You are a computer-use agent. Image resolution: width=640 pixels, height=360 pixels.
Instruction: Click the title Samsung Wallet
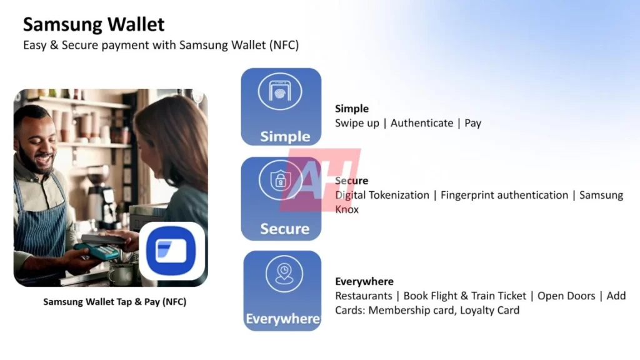94,24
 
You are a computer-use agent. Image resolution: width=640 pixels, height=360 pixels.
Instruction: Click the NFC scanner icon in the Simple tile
280,92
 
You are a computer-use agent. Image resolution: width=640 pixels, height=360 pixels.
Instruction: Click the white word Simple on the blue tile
285,136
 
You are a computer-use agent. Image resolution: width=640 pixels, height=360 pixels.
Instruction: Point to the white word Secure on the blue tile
284,229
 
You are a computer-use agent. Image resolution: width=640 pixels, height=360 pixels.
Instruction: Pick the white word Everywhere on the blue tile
282,319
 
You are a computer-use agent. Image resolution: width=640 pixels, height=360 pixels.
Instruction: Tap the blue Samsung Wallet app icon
172,251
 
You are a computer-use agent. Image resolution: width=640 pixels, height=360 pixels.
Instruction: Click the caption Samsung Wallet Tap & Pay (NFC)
114,302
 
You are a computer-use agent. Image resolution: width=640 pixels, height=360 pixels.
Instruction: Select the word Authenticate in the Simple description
422,123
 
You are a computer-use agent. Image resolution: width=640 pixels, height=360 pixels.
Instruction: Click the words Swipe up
357,123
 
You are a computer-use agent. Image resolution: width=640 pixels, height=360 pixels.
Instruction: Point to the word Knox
347,209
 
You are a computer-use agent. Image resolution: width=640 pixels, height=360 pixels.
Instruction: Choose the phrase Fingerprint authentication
504,195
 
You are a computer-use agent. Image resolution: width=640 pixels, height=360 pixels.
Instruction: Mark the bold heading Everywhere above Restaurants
364,281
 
